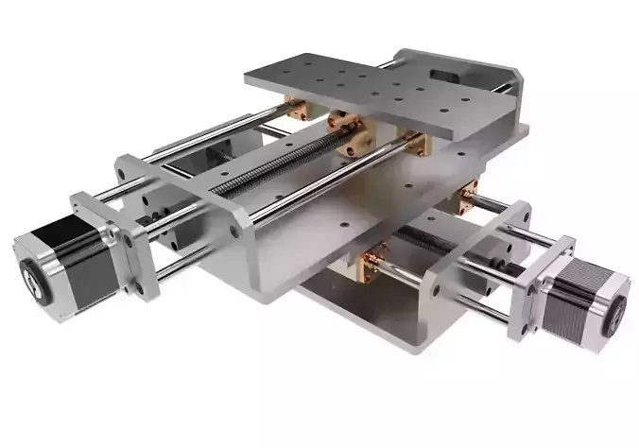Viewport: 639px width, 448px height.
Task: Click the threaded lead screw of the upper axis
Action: click(274, 165)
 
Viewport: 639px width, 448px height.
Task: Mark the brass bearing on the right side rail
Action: click(470, 197)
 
